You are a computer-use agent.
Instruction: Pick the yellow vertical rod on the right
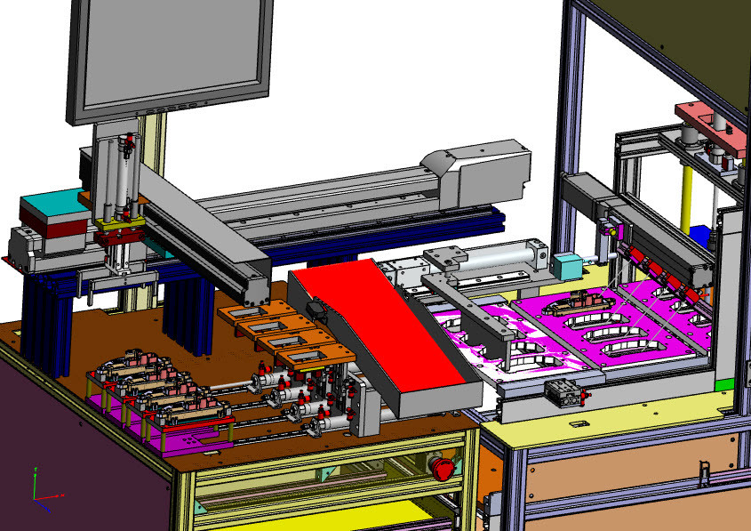click(x=687, y=190)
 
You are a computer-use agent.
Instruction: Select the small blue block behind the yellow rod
click(x=701, y=236)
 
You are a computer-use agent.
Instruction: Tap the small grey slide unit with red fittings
click(x=563, y=389)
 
